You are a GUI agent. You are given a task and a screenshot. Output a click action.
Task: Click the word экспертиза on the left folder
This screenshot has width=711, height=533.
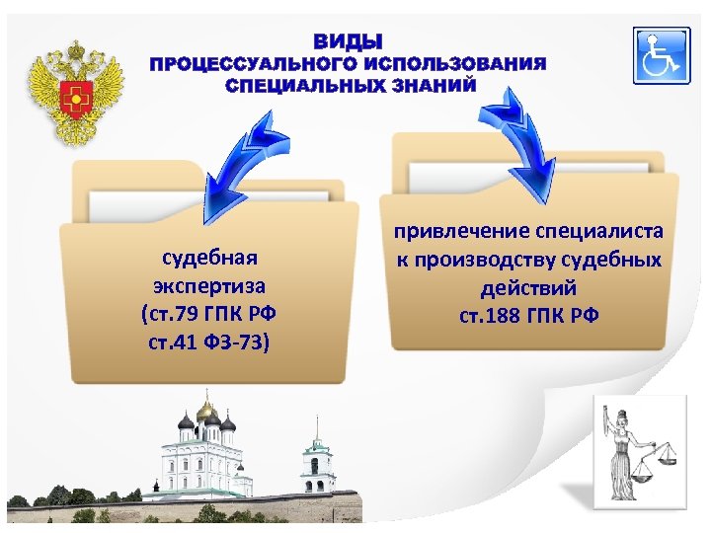click(209, 286)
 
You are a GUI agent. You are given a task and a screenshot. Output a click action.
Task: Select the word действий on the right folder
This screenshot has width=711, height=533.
click(528, 289)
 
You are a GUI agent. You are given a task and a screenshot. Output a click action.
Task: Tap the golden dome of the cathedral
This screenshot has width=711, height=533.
click(205, 408)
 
